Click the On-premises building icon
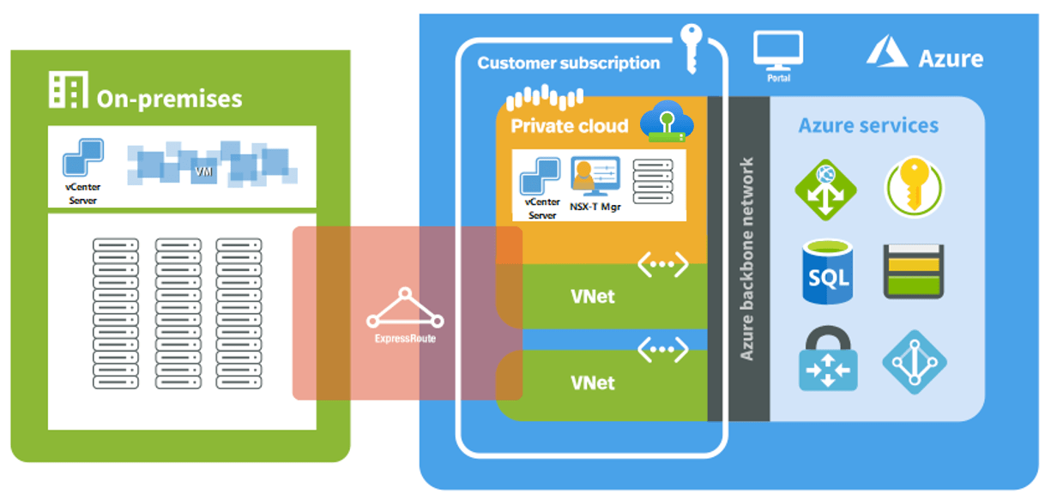pos(68,90)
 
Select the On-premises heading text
pos(169,99)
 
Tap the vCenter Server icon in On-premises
pos(83,159)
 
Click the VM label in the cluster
pos(203,172)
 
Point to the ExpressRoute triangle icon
pos(405,310)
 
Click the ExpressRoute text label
pos(405,339)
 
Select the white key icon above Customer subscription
pos(692,48)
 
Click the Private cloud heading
pos(569,126)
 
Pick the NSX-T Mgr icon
pos(595,177)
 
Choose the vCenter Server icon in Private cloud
pos(541,178)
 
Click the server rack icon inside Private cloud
pos(652,181)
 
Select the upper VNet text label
pos(593,298)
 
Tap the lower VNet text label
pos(593,383)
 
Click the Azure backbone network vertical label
pos(746,257)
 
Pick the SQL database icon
pos(827,272)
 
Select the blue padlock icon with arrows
pos(827,359)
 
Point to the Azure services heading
pos(868,126)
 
